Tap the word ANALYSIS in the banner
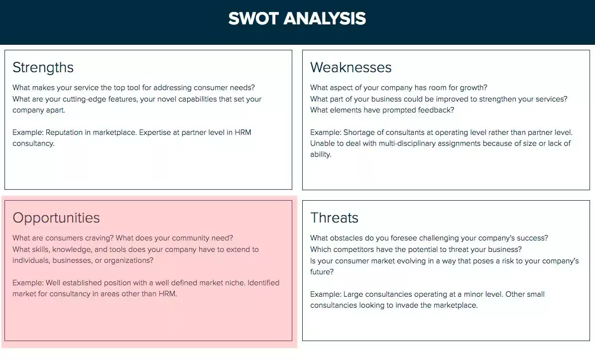325,19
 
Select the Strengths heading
43,67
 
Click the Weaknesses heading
351,67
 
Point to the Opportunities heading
56,218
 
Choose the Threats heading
334,218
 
